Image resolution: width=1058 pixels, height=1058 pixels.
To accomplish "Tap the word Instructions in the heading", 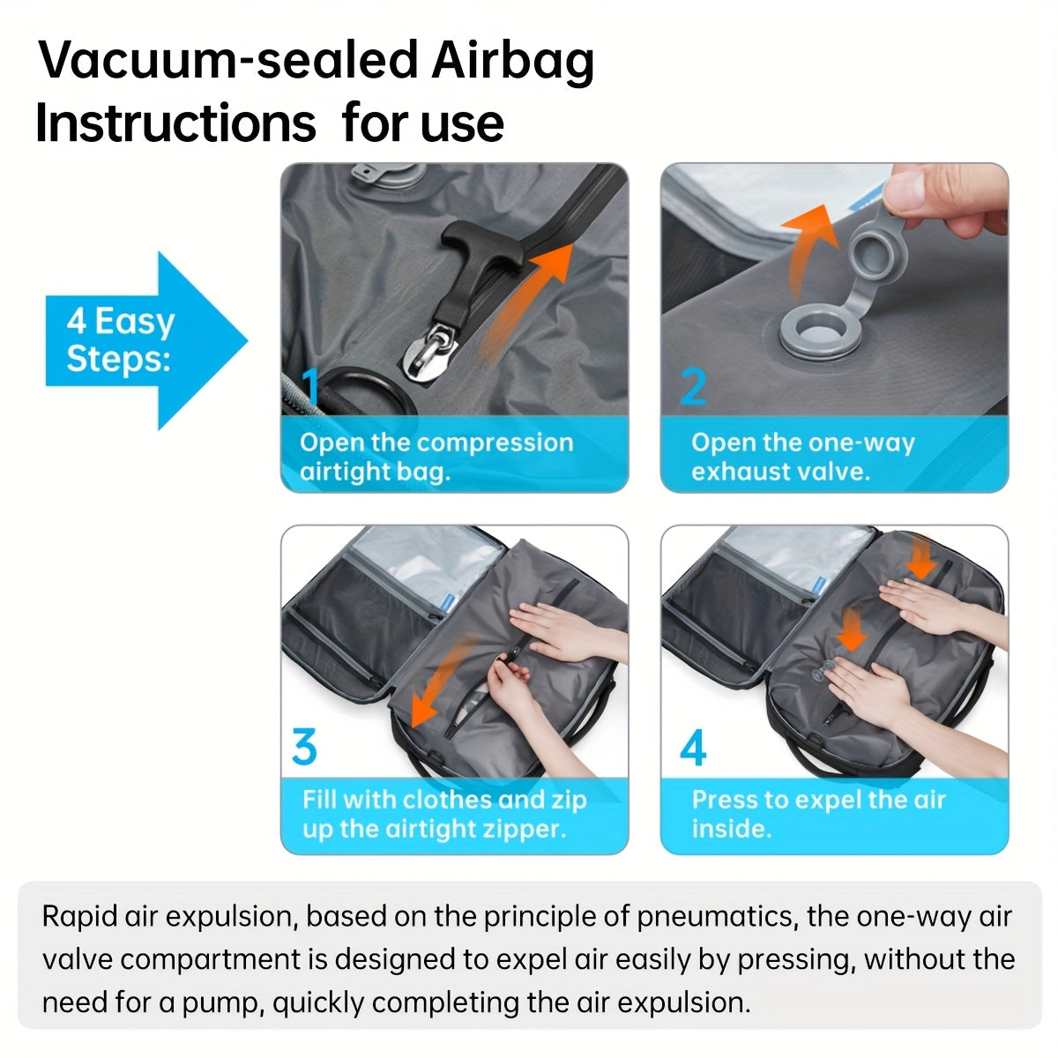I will [x=175, y=123].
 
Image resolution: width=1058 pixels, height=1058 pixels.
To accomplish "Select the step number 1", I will [x=310, y=386].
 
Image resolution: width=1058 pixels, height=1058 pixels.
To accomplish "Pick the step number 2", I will [x=694, y=386].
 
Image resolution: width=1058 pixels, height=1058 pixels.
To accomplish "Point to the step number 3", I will [x=304, y=748].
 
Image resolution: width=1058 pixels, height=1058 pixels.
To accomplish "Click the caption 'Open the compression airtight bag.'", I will [x=436, y=457].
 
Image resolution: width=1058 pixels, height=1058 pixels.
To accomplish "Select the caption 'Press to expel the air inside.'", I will [x=818, y=814].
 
